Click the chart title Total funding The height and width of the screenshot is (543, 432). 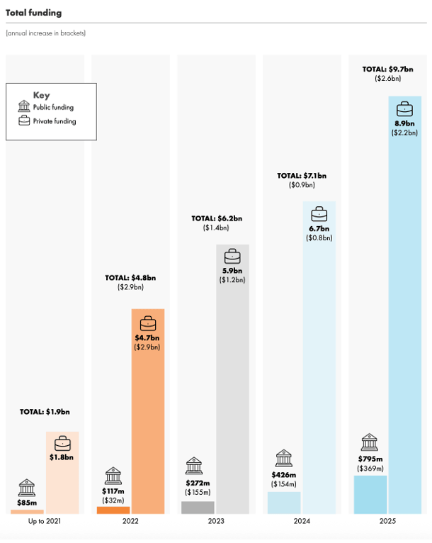pyautogui.click(x=33, y=13)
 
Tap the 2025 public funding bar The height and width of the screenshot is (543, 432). pyautogui.click(x=370, y=495)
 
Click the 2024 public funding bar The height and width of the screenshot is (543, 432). pyautogui.click(x=284, y=503)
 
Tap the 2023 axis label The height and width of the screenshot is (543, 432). pyautogui.click(x=217, y=522)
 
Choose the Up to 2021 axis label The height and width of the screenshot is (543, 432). pyautogui.click(x=45, y=522)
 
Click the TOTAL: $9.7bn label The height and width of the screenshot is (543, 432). pyautogui.click(x=388, y=69)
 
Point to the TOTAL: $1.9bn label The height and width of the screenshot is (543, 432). pyautogui.click(x=45, y=411)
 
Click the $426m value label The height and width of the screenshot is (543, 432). pyautogui.click(x=284, y=474)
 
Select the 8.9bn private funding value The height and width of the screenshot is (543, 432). pyautogui.click(x=405, y=123)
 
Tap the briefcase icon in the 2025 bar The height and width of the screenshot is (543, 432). pyautogui.click(x=405, y=109)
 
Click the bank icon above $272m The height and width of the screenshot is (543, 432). pyautogui.click(x=194, y=466)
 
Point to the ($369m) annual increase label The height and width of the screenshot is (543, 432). pyautogui.click(x=370, y=468)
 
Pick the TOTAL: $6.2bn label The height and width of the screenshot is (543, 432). pyautogui.click(x=217, y=218)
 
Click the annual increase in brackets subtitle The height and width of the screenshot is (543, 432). pyautogui.click(x=46, y=33)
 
